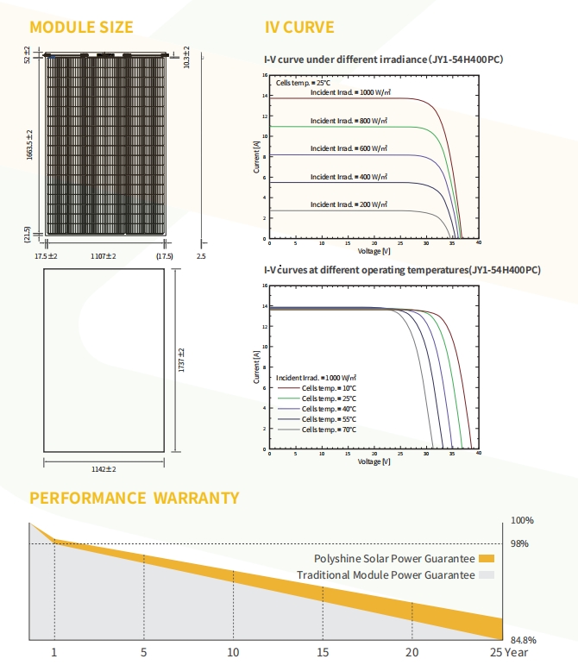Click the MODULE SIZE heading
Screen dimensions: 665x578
coord(81,28)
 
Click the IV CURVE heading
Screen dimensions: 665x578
coord(298,28)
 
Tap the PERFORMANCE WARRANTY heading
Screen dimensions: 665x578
coord(134,498)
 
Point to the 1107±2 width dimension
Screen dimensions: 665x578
coord(104,256)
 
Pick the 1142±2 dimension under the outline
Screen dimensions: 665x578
coord(104,469)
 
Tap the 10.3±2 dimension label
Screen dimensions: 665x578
coord(185,59)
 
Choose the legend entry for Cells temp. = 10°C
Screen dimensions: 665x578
coord(333,388)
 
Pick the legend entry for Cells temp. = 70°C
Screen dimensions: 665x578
coord(333,429)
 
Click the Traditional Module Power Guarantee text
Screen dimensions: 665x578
coord(385,574)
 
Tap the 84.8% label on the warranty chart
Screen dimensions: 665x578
coord(524,640)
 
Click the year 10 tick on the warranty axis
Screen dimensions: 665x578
coord(233,651)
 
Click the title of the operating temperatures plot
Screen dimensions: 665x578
coord(402,270)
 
